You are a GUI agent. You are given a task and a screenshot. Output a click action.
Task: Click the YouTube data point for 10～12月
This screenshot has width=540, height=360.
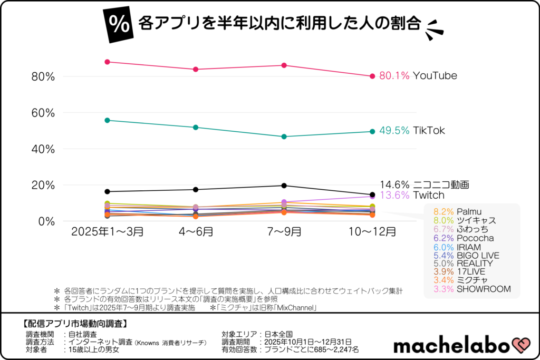pyautogui.click(x=372, y=76)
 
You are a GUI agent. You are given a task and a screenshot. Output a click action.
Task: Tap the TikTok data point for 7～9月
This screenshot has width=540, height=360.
pyautogui.click(x=284, y=137)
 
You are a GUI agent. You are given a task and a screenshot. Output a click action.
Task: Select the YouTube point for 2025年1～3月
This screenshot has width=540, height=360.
pyautogui.click(x=107, y=62)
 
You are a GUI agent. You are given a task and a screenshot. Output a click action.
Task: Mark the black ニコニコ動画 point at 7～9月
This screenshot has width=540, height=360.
pyautogui.click(x=284, y=186)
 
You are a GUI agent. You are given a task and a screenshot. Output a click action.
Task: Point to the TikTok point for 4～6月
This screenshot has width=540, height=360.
pyautogui.click(x=196, y=127)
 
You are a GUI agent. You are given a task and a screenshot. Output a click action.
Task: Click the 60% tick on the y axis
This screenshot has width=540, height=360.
pyautogui.click(x=43, y=113)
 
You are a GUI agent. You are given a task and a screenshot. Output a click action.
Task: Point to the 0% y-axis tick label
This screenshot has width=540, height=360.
pyautogui.click(x=46, y=221)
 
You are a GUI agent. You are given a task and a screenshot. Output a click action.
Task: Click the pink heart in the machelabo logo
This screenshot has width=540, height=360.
pyautogui.click(x=519, y=345)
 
